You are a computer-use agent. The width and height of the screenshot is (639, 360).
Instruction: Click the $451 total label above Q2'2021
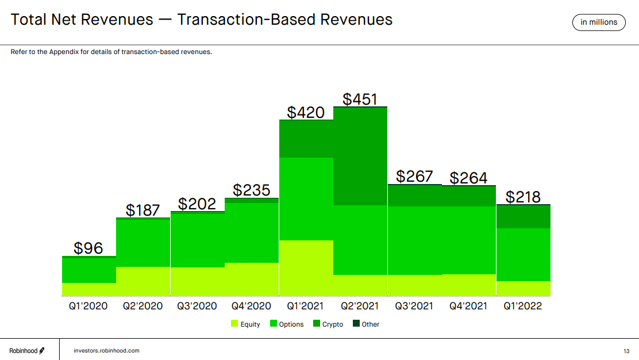tap(360, 98)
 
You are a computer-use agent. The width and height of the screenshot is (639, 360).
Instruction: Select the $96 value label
tap(88, 248)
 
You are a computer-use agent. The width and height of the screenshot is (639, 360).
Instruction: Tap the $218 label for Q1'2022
tap(523, 197)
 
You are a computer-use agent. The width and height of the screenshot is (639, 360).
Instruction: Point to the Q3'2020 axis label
tap(197, 306)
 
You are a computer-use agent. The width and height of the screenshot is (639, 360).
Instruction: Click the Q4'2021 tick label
tap(469, 306)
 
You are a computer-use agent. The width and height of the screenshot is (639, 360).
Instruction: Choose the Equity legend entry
tap(245, 324)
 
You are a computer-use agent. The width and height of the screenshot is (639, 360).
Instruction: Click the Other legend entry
tap(366, 324)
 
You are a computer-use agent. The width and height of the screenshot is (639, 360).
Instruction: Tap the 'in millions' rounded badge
tap(599, 22)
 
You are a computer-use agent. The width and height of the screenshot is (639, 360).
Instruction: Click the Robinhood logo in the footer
tap(26, 350)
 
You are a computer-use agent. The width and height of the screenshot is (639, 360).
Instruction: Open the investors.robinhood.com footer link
tap(106, 350)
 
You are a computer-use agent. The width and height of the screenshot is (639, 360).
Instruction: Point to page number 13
tap(626, 351)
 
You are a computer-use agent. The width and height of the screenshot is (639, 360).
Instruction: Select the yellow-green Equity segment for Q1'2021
tap(306, 268)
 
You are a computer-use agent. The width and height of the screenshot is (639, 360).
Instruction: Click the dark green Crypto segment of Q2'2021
tap(360, 156)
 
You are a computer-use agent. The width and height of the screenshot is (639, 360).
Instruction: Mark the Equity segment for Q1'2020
tap(88, 289)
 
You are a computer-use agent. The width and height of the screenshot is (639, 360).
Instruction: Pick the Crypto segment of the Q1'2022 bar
tap(523, 217)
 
